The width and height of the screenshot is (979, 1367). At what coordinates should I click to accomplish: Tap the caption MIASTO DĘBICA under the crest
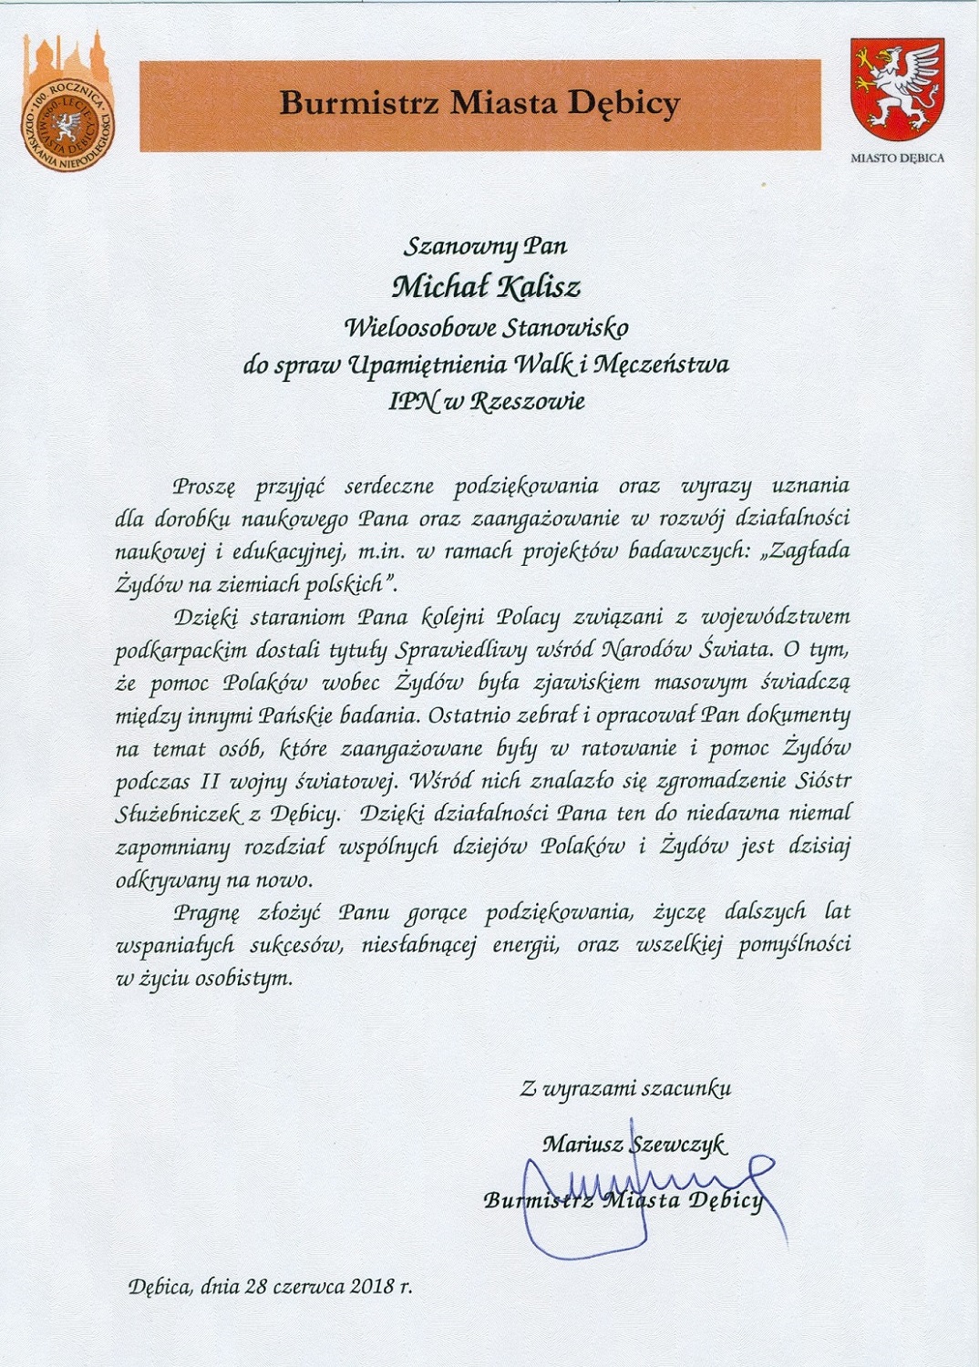pos(897,158)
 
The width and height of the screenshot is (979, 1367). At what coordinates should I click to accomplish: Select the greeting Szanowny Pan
pos(485,246)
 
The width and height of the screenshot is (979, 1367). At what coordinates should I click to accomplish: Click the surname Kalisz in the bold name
pos(539,288)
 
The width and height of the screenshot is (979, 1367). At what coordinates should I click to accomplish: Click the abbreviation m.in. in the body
pos(383,551)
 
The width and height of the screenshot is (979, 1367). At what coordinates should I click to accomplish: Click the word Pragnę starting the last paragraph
pos(207,912)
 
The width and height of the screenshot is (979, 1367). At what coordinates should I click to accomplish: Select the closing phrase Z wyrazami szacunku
pos(625,1088)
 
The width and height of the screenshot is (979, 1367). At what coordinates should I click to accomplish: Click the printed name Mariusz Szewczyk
pos(634,1144)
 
